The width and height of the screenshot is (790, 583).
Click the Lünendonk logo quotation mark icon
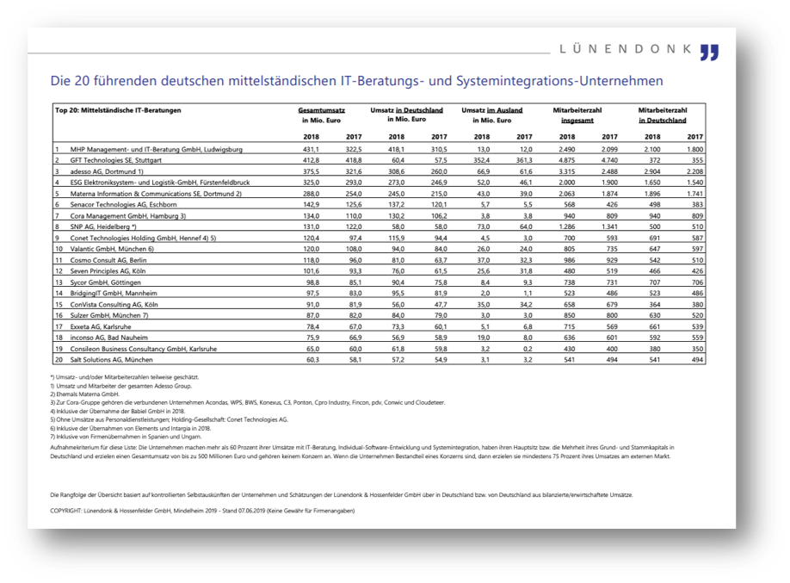click(x=709, y=52)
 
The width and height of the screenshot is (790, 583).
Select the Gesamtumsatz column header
click(x=322, y=111)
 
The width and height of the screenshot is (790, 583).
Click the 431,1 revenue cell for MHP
click(x=309, y=149)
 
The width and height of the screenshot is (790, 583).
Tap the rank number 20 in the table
click(x=58, y=359)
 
